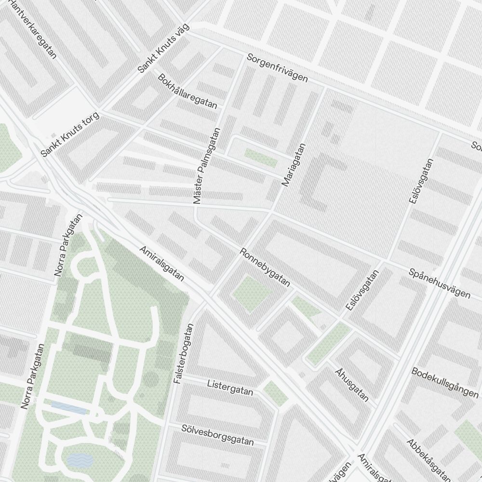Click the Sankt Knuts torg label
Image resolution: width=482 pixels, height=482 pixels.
[70, 135]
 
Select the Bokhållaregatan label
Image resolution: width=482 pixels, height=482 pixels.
[187, 91]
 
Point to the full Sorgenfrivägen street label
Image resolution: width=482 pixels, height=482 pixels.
[277, 67]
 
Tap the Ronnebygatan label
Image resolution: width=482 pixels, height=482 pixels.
[266, 268]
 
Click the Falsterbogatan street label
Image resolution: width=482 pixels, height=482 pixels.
[185, 353]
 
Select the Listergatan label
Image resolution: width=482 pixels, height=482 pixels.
[230, 388]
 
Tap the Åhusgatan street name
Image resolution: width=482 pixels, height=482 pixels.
[352, 385]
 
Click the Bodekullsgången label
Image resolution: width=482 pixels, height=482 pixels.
[444, 382]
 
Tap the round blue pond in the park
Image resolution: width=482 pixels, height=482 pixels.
[80, 460]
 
